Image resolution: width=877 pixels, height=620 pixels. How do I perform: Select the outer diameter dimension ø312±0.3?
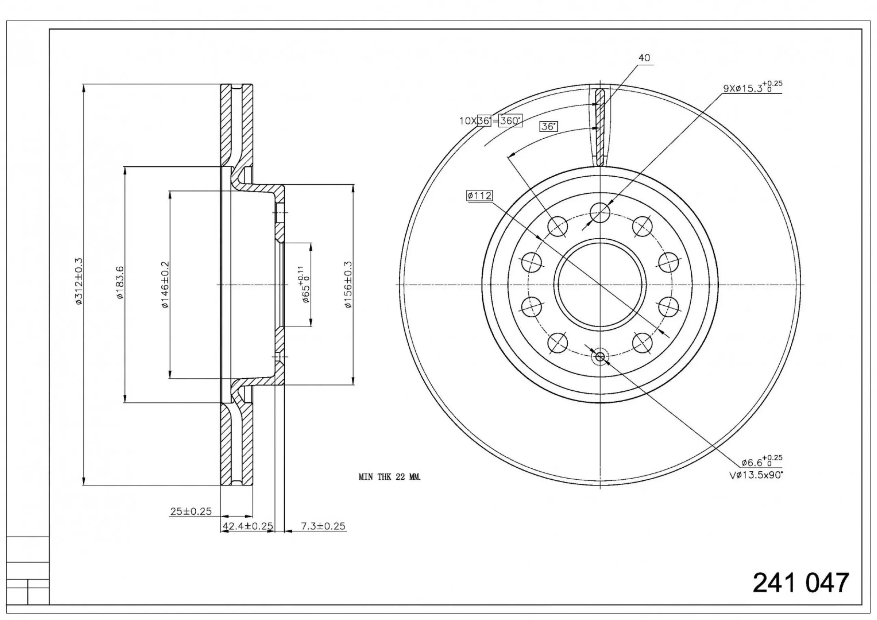tap(79, 281)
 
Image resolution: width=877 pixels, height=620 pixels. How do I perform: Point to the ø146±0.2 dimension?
tap(165, 285)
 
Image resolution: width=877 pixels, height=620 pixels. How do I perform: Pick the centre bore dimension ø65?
tap(305, 284)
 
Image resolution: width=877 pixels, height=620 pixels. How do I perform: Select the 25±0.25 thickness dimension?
tap(190, 511)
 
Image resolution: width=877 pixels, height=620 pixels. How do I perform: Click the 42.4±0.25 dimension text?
tap(248, 526)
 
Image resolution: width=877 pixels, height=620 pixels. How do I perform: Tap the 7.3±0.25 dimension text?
tap(323, 526)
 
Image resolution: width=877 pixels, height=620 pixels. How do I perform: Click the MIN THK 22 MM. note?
tap(390, 477)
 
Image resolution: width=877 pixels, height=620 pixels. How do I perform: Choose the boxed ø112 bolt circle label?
tap(479, 196)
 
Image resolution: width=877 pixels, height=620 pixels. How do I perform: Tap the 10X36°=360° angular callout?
tap(491, 121)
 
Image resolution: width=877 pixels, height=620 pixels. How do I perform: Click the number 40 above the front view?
tap(644, 58)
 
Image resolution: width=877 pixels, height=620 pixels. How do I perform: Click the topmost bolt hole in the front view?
tap(600, 213)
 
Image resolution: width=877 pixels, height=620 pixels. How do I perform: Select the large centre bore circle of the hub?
tap(600, 285)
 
